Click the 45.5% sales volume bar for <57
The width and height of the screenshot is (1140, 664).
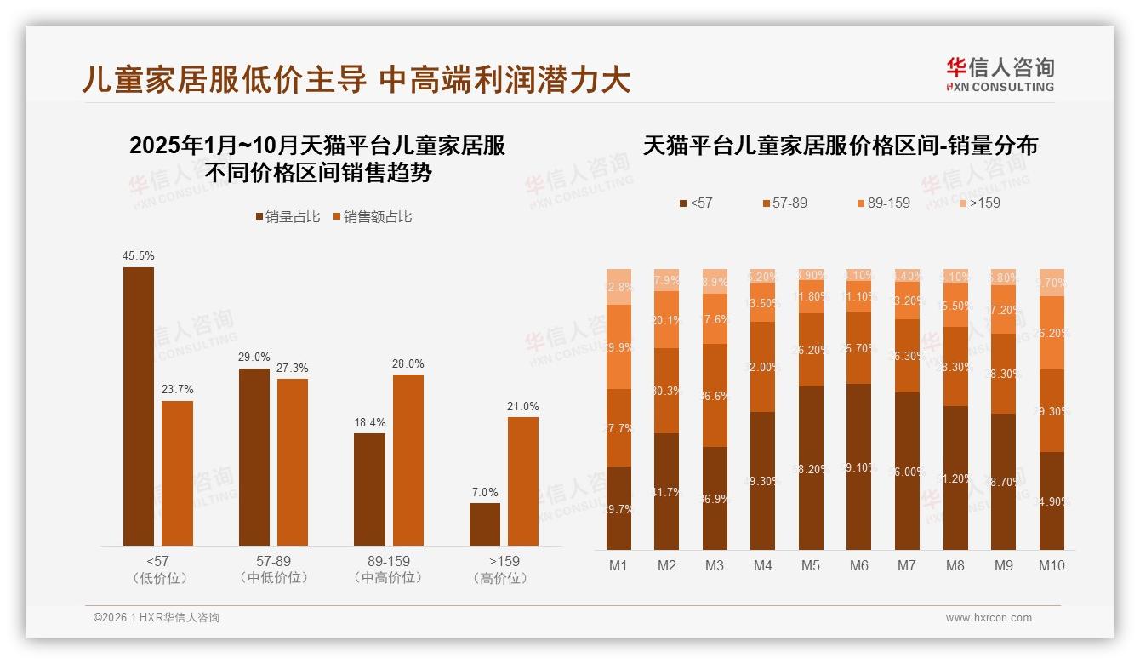click(139, 406)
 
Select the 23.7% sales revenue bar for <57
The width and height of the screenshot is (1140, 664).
click(177, 472)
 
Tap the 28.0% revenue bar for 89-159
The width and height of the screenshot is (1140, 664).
click(408, 460)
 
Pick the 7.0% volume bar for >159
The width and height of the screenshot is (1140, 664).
click(485, 524)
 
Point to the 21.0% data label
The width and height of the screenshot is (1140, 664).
click(522, 406)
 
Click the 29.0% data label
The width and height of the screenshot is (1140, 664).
click(254, 358)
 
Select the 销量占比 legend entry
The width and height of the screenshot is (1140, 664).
click(288, 217)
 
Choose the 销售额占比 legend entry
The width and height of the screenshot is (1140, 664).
click(372, 217)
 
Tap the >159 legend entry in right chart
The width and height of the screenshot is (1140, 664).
click(979, 203)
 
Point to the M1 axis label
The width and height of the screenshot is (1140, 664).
click(618, 565)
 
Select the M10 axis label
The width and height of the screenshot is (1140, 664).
click(1052, 565)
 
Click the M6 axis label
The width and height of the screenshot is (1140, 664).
click(858, 565)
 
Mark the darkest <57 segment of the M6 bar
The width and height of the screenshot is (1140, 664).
click(858, 467)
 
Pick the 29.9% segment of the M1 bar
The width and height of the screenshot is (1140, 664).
click(618, 346)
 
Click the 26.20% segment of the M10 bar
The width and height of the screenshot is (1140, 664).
click(1052, 333)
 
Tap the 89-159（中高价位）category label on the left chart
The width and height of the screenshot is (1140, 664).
click(388, 570)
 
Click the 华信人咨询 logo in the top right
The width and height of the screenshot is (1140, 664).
click(1000, 74)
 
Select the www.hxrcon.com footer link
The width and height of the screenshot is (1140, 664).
click(989, 618)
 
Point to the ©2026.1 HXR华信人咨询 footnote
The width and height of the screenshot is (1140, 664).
click(157, 618)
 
